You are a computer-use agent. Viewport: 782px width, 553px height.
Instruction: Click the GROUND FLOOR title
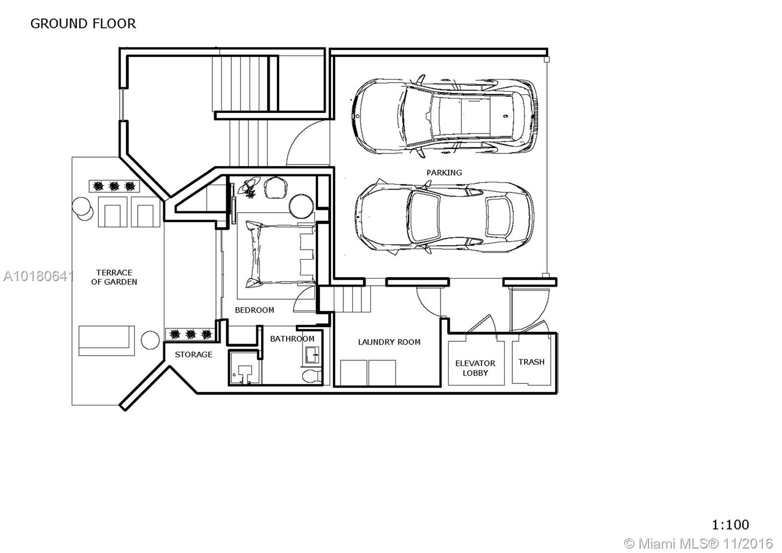[x=83, y=24]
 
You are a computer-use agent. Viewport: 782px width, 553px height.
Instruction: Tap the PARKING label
[x=444, y=173]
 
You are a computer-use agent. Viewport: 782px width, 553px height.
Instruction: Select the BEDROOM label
[x=255, y=310]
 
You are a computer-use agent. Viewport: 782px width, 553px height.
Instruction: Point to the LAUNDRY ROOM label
[x=389, y=342]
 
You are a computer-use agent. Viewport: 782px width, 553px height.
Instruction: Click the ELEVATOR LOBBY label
[x=475, y=368]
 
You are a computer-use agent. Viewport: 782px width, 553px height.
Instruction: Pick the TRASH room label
[x=531, y=362]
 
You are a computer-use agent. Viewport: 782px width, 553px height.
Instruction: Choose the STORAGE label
[x=194, y=354]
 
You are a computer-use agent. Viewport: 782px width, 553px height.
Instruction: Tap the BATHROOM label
[x=292, y=339]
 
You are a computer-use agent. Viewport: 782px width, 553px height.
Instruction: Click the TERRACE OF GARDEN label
[x=114, y=277]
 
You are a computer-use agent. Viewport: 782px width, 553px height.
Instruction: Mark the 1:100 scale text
[x=730, y=524]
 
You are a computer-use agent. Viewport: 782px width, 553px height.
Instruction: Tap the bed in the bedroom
[x=281, y=254]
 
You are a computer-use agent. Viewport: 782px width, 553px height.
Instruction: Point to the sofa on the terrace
[x=107, y=341]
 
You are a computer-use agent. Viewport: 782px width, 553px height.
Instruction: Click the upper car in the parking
[x=444, y=116]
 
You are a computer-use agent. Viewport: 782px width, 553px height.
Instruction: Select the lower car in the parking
[x=445, y=217]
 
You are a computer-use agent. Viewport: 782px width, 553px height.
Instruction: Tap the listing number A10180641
[x=38, y=276]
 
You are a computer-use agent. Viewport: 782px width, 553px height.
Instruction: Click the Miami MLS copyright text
[x=698, y=544]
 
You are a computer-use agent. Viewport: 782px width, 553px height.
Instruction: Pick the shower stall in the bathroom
[x=245, y=368]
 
